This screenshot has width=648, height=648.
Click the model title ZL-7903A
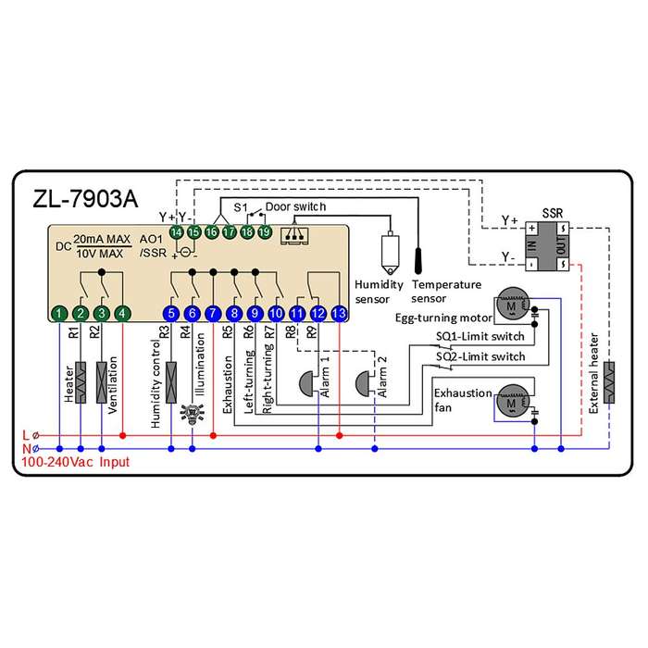85,199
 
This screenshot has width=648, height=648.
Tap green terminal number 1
59,314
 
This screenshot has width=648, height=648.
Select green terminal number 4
122,314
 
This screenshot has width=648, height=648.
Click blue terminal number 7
213,314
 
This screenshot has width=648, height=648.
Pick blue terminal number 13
340,314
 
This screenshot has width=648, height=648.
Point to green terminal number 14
177,232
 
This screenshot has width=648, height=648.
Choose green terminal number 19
265,232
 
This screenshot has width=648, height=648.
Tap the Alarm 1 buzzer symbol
306,384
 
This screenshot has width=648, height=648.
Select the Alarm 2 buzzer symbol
363,384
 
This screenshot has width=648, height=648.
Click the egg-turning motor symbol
513,304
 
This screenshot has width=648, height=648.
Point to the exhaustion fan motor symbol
513,401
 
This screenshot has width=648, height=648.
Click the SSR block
547,246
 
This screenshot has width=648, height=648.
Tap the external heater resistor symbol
609,382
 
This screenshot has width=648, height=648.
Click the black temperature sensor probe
417,261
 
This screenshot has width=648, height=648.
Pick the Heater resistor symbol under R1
81,382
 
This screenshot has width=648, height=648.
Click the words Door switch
295,206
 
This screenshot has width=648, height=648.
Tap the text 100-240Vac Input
75,462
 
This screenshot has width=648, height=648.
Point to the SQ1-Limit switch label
480,336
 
